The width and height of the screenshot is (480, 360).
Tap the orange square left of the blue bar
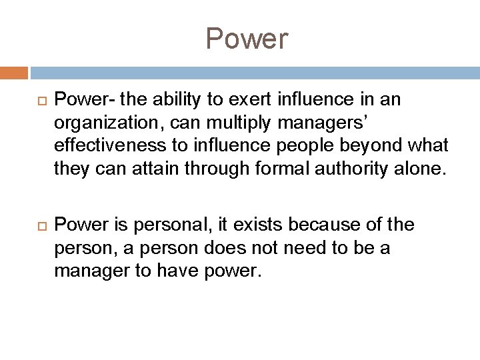[x=14, y=71]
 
